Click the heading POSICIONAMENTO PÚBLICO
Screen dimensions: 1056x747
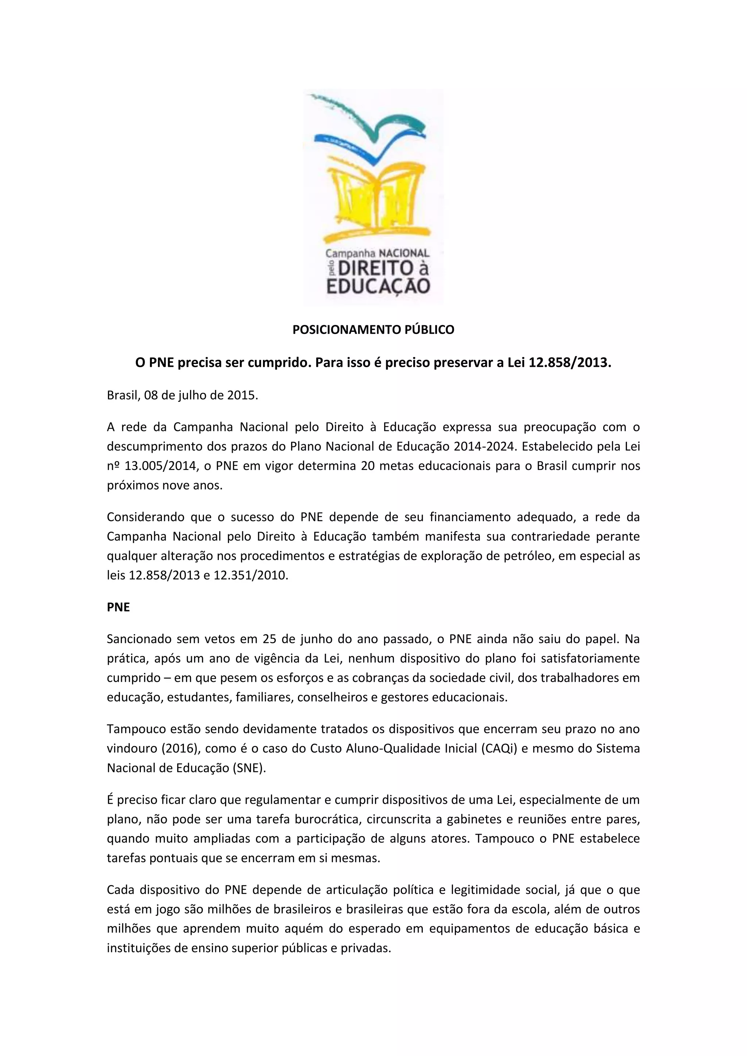(373, 330)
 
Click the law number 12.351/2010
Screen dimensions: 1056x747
(250, 575)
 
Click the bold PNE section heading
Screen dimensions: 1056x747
(118, 607)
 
